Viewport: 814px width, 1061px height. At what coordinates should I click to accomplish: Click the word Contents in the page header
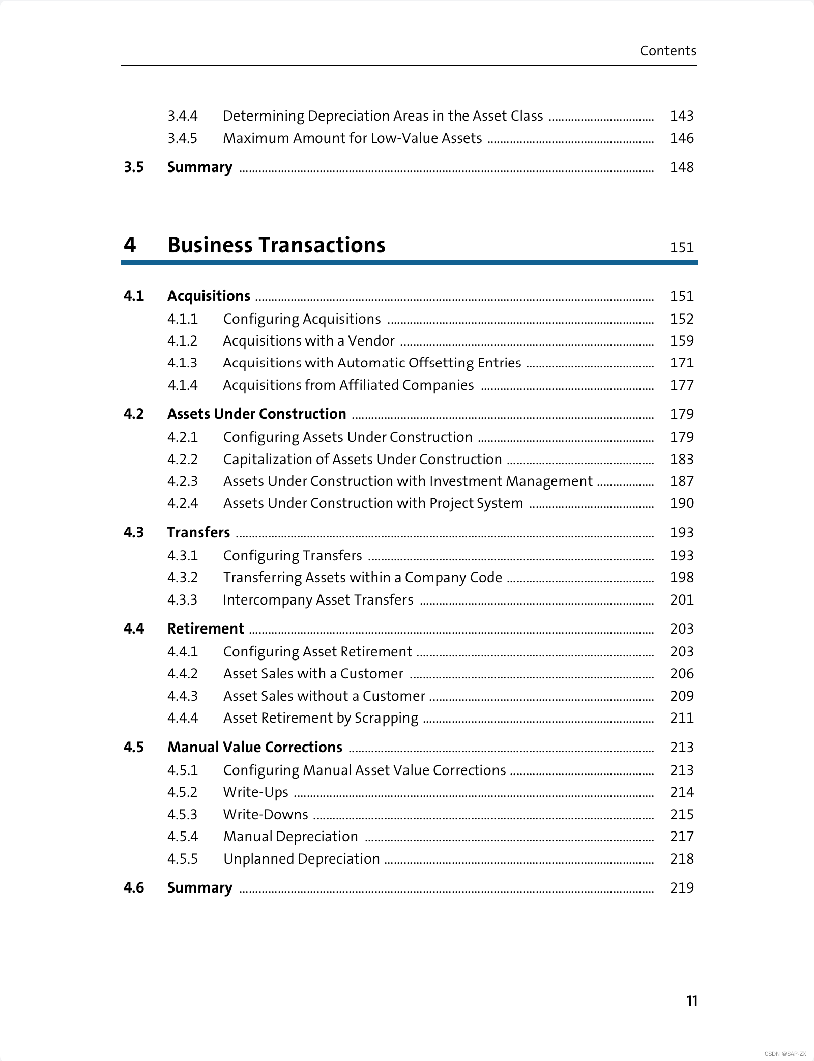coord(667,51)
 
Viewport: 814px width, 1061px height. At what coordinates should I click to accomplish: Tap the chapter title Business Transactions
coord(276,245)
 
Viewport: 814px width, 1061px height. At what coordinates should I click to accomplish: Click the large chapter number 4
coord(130,245)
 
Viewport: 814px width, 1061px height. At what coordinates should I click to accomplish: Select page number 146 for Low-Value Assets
coord(681,138)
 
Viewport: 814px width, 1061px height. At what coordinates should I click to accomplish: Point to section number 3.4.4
coord(183,116)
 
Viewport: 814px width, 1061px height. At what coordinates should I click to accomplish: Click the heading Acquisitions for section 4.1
coord(209,296)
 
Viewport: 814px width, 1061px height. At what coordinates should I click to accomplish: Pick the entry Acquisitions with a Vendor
coord(309,341)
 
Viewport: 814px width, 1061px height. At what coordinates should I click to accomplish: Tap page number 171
coord(681,363)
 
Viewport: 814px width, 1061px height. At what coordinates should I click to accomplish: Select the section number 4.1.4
coord(183,385)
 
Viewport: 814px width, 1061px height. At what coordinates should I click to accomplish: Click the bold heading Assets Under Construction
coord(257,414)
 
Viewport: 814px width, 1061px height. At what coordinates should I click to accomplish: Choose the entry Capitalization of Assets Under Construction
coord(362,460)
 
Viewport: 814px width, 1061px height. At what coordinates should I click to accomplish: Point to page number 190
coord(681,503)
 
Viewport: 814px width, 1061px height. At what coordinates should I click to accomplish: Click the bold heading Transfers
coord(198,532)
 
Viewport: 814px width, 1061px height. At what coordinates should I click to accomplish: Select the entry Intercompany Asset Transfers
coord(318,600)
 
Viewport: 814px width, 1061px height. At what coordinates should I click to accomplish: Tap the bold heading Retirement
coord(206,629)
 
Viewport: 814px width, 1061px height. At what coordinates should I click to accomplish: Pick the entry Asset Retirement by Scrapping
coord(321,718)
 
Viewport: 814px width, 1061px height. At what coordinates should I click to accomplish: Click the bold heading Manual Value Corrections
coord(255,747)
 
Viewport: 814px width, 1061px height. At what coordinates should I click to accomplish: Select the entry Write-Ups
coord(255,792)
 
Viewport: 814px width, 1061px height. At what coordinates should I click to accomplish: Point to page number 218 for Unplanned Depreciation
coord(681,859)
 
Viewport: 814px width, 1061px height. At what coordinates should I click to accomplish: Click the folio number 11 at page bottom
coord(692,1001)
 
